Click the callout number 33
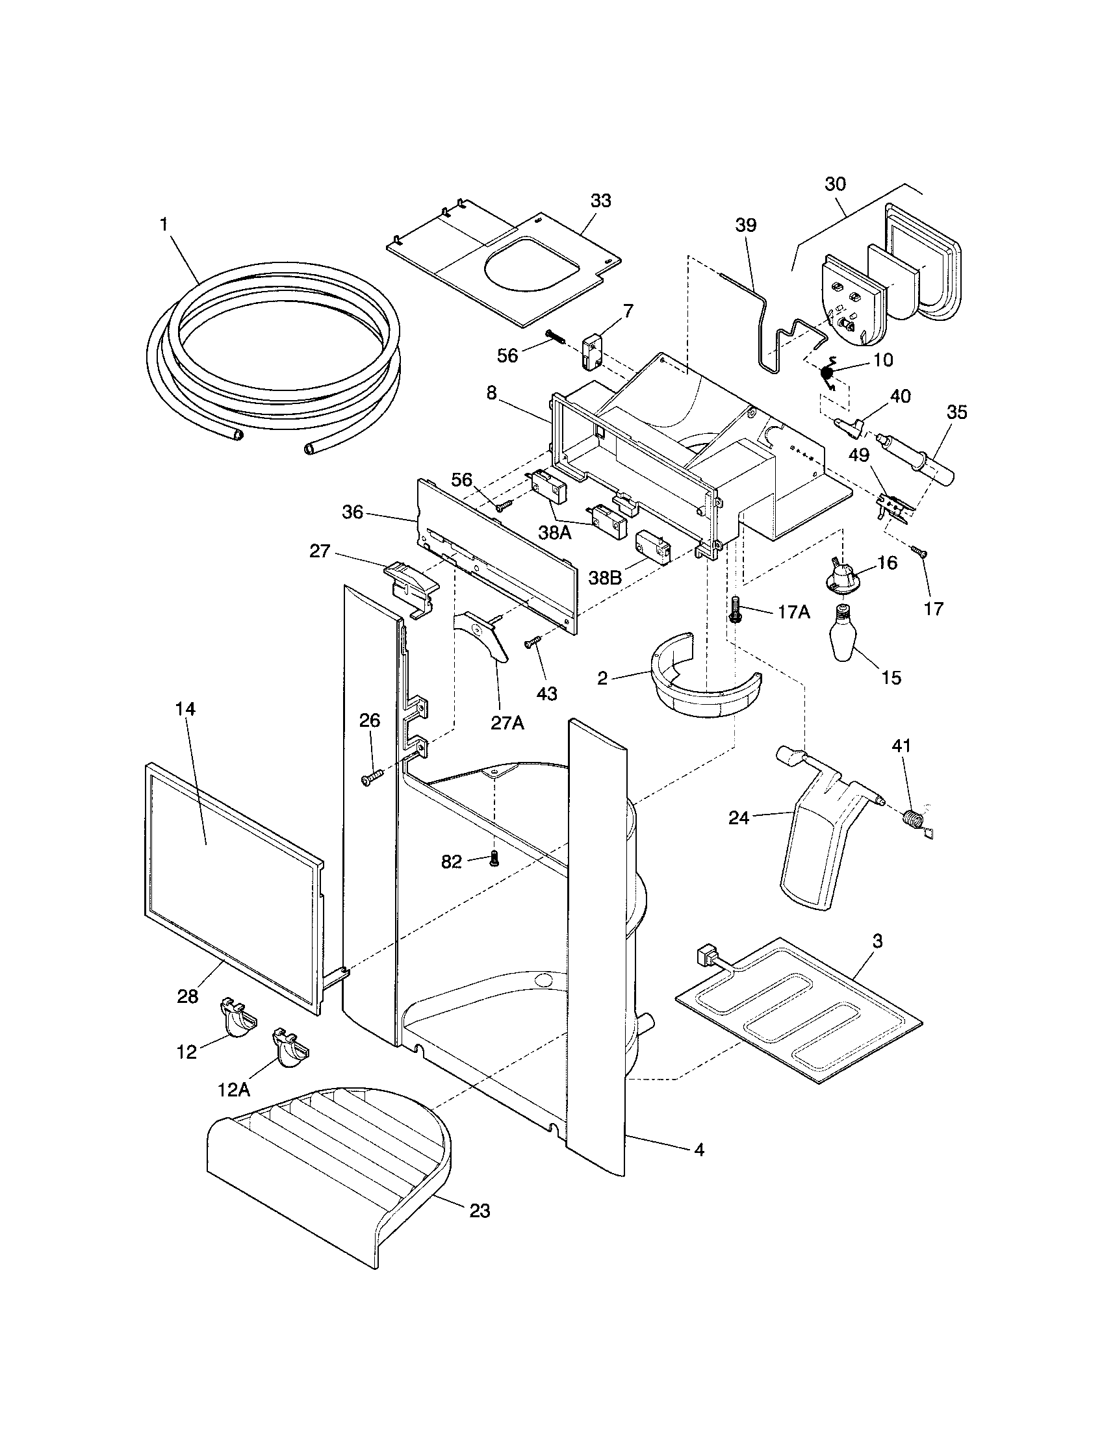(x=600, y=201)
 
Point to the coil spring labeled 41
(x=911, y=818)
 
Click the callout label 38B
(x=606, y=578)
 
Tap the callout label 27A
(x=508, y=724)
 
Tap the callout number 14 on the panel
(x=185, y=709)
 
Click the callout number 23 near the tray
(x=479, y=1211)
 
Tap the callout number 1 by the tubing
(x=164, y=225)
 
